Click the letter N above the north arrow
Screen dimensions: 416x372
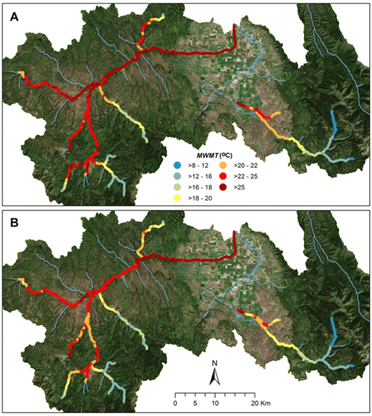pyautogui.click(x=212, y=364)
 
